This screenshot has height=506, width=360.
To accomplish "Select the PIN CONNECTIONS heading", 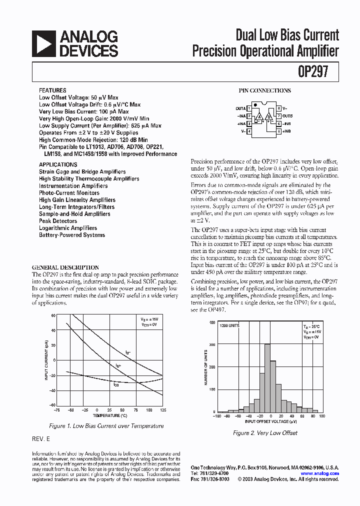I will pyautogui.click(x=264, y=90).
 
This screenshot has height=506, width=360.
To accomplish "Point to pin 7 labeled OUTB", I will pyautogui.click(x=278, y=115).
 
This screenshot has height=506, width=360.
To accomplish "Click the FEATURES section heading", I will pyautogui.click(x=52, y=90).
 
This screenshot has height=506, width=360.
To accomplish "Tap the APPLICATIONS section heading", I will pyautogui.click(x=58, y=164).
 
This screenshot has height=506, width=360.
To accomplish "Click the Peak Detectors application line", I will pyautogui.click(x=58, y=221).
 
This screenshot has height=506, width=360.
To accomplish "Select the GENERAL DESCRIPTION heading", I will pyautogui.click(x=65, y=267).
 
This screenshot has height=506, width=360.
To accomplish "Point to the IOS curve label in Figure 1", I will pyautogui.click(x=115, y=384).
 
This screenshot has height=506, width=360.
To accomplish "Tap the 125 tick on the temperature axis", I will pyautogui.click(x=162, y=410).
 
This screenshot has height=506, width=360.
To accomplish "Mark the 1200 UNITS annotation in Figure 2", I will pyautogui.click(x=229, y=325).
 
